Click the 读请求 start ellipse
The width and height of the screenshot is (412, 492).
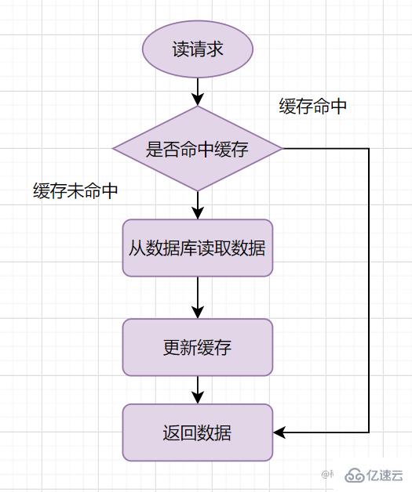(x=198, y=49)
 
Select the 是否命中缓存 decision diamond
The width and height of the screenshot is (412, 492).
(x=198, y=149)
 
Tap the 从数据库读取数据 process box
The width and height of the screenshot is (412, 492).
(x=198, y=248)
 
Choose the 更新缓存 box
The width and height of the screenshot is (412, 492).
(x=198, y=347)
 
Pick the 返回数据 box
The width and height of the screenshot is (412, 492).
(x=198, y=432)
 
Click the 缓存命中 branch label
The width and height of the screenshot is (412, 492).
(x=312, y=107)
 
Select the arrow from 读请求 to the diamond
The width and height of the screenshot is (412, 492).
(x=198, y=91)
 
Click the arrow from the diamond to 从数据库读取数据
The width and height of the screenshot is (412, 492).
(x=198, y=204)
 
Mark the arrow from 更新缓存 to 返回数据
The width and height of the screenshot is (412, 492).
(x=198, y=389)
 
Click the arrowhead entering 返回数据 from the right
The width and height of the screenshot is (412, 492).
(x=279, y=432)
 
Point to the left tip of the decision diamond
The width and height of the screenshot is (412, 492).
(x=115, y=149)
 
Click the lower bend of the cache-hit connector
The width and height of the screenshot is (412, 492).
(x=368, y=432)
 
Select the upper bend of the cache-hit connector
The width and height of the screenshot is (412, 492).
(x=368, y=149)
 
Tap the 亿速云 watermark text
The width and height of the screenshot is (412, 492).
(x=385, y=475)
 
